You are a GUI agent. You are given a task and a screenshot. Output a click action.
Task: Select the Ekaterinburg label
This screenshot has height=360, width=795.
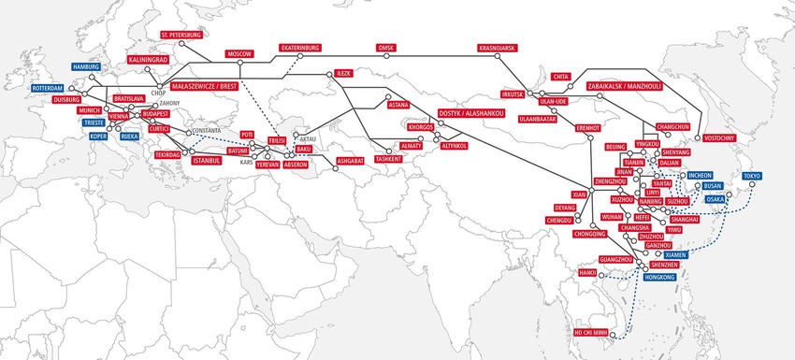(300, 46)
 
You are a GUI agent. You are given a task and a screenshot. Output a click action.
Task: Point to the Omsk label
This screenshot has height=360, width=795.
(386, 46)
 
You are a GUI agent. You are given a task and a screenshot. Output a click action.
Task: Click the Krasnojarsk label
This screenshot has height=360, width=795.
(498, 46)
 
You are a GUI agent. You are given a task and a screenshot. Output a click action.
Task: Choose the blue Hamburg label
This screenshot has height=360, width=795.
(85, 67)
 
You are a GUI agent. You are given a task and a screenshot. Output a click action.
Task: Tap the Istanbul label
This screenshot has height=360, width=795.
(205, 160)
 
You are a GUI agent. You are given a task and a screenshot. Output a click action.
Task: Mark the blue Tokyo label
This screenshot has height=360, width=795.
(752, 176)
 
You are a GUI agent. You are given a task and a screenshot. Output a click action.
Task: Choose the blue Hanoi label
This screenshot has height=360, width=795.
(587, 273)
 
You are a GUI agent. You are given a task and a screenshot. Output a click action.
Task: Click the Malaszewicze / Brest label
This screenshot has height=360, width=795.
(202, 84)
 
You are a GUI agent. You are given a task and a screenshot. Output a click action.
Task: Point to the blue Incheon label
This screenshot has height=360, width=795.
(700, 175)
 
